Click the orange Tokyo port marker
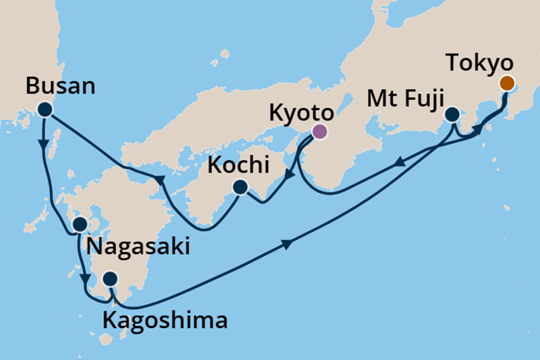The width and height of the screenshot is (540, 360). click(x=506, y=83)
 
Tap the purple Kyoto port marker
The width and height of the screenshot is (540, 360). click(x=319, y=131)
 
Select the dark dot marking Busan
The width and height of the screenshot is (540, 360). click(x=44, y=109)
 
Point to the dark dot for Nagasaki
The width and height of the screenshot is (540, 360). click(x=80, y=224)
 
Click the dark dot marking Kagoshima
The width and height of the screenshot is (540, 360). click(x=110, y=278)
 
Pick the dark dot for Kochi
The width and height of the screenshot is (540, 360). click(x=240, y=187)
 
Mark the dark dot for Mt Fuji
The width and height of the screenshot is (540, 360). click(x=452, y=115)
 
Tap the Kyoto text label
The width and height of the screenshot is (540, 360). click(x=300, y=113)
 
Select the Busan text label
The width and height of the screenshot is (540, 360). click(x=61, y=85)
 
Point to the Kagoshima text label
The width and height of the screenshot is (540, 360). click(x=164, y=321)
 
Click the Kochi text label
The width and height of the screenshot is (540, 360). click(x=240, y=166)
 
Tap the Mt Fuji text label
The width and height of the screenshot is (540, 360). click(x=407, y=99)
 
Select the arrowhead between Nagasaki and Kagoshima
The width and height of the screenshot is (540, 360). click(x=84, y=277)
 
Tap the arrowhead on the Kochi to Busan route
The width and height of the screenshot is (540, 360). click(x=160, y=180)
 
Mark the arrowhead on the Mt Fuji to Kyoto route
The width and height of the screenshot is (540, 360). click(x=399, y=163)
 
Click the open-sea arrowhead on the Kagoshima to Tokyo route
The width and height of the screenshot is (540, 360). click(x=287, y=244)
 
